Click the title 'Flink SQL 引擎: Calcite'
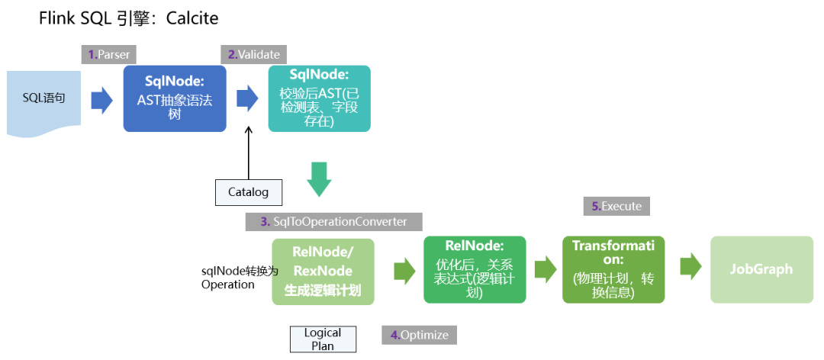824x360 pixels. click(x=127, y=19)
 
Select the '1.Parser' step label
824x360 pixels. click(x=108, y=54)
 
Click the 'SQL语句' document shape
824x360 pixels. click(x=43, y=101)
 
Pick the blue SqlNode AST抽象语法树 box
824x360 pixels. click(x=175, y=98)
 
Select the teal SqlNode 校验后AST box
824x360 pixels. click(x=319, y=98)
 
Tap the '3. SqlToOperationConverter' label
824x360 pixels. click(x=333, y=221)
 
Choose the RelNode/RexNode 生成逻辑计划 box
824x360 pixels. click(x=323, y=271)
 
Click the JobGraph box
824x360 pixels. click(x=761, y=269)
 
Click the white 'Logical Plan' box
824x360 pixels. click(x=323, y=339)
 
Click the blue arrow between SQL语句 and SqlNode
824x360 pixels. click(x=101, y=100)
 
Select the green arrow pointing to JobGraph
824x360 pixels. click(x=690, y=268)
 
